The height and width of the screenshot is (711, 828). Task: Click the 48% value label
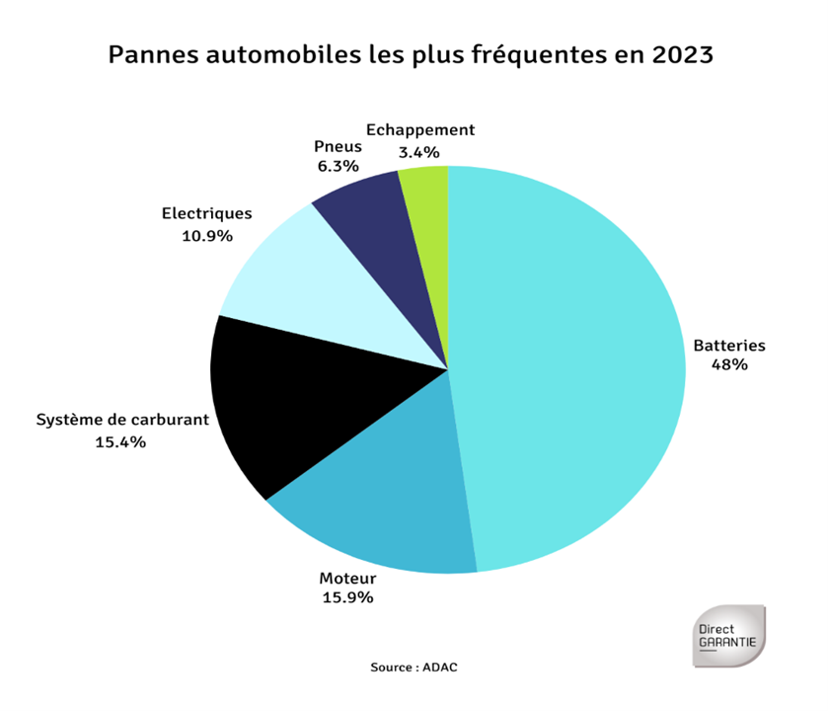[729, 364]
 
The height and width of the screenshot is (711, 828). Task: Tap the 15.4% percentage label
[120, 441]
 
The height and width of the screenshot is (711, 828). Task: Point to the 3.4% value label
[418, 152]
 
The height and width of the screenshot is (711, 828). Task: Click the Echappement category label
[420, 129]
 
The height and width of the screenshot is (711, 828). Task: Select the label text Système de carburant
[122, 419]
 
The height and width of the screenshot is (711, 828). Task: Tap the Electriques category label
[206, 212]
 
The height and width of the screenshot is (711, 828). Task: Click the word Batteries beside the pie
[729, 346]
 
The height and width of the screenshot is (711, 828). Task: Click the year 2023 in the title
[681, 54]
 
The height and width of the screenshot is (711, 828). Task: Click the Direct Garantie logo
[728, 636]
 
